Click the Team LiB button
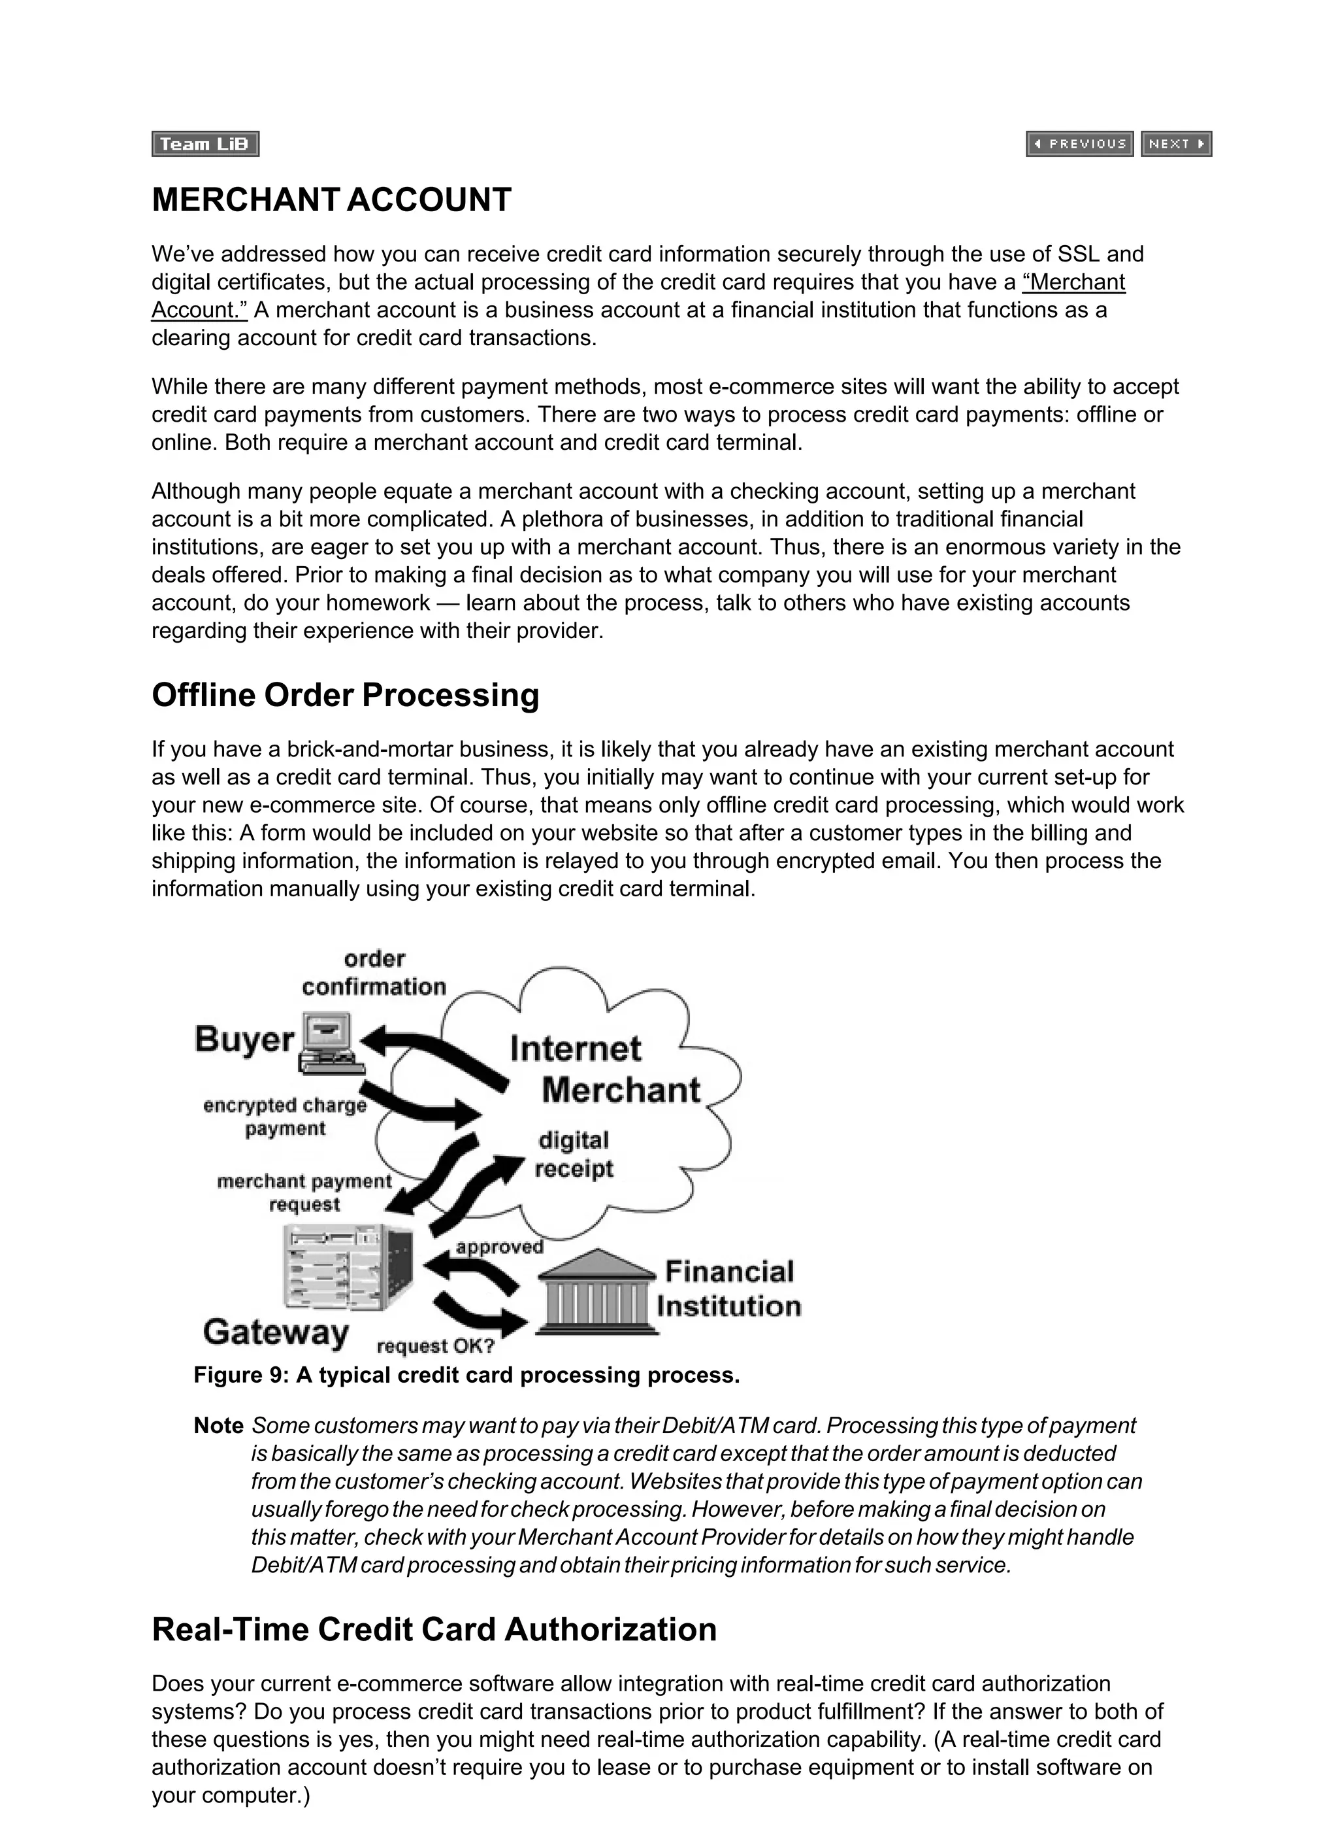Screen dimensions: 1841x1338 205,144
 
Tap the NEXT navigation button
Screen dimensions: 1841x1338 1176,144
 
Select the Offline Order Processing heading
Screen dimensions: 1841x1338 345,696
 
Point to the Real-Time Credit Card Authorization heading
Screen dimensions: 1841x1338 434,1630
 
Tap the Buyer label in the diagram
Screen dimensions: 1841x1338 244,1040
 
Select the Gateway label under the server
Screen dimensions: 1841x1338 276,1333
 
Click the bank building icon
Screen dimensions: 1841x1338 596,1291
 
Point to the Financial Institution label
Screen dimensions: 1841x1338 728,1289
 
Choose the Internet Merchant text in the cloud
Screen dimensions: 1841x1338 604,1069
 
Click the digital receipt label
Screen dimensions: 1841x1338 574,1155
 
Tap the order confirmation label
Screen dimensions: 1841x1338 374,973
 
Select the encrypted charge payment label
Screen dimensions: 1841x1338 285,1117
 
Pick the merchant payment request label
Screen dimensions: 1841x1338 304,1192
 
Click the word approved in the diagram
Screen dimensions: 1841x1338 499,1247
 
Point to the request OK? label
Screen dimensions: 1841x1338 436,1347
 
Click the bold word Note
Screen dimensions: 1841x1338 218,1427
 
